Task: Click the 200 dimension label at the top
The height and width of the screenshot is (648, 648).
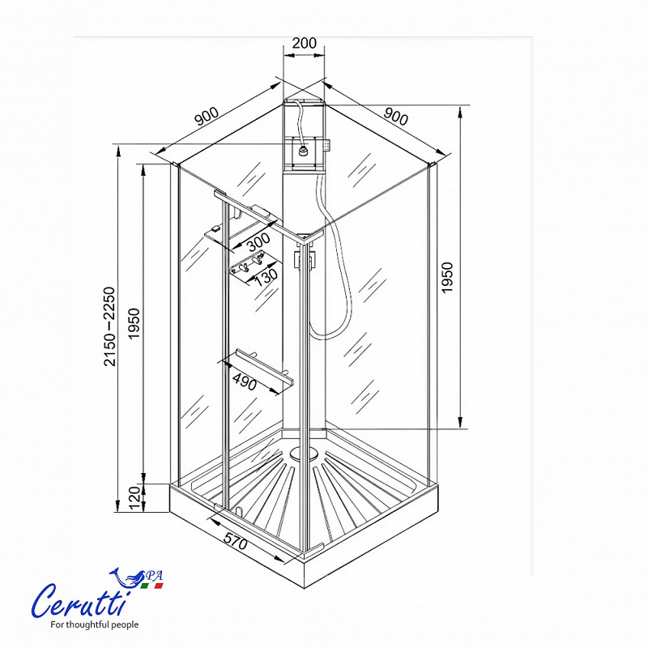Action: pyautogui.click(x=305, y=43)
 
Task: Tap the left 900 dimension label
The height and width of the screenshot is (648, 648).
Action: pyautogui.click(x=207, y=116)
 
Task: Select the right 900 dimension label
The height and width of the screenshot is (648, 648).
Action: pyautogui.click(x=396, y=116)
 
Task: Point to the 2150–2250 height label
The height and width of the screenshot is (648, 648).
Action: pyautogui.click(x=109, y=326)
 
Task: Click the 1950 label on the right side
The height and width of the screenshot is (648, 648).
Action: pyautogui.click(x=447, y=278)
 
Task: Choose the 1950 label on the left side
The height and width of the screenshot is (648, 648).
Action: pyautogui.click(x=134, y=323)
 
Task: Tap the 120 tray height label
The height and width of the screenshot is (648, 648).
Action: pyautogui.click(x=134, y=498)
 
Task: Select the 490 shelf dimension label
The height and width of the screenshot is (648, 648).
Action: pyautogui.click(x=245, y=382)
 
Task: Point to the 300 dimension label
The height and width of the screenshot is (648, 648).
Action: pyautogui.click(x=258, y=242)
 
